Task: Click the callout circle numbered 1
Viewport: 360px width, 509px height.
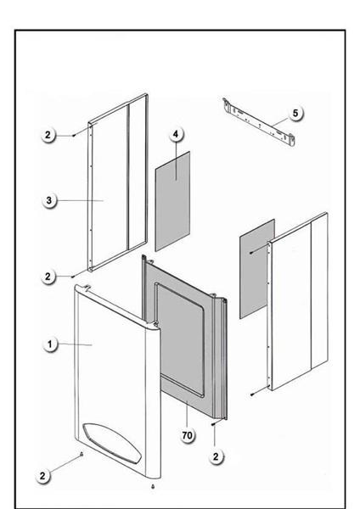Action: [x=50, y=344]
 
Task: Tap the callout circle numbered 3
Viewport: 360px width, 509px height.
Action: [x=48, y=200]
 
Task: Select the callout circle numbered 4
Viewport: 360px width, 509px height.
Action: [x=176, y=134]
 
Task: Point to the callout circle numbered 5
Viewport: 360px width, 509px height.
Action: [x=295, y=113]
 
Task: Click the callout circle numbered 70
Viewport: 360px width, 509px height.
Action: [x=187, y=435]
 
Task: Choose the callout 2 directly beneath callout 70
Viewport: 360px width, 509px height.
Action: [x=216, y=456]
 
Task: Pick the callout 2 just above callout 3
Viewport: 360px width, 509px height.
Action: [x=48, y=134]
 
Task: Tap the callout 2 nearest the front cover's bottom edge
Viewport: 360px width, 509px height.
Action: [x=42, y=476]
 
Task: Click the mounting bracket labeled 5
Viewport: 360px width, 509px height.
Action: [x=259, y=122]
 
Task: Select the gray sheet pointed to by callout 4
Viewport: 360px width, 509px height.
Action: [x=172, y=201]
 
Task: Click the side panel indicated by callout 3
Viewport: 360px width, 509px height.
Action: [x=118, y=182]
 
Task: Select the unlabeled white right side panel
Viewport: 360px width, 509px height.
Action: [x=297, y=301]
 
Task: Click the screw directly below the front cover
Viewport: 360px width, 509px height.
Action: [x=153, y=486]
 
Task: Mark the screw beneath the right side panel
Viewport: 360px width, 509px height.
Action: [x=252, y=394]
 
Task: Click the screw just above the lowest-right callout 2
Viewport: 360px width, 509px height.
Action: [x=213, y=424]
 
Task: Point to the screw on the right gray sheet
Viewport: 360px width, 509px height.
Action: [x=251, y=253]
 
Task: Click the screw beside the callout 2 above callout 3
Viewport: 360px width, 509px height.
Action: [x=74, y=136]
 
